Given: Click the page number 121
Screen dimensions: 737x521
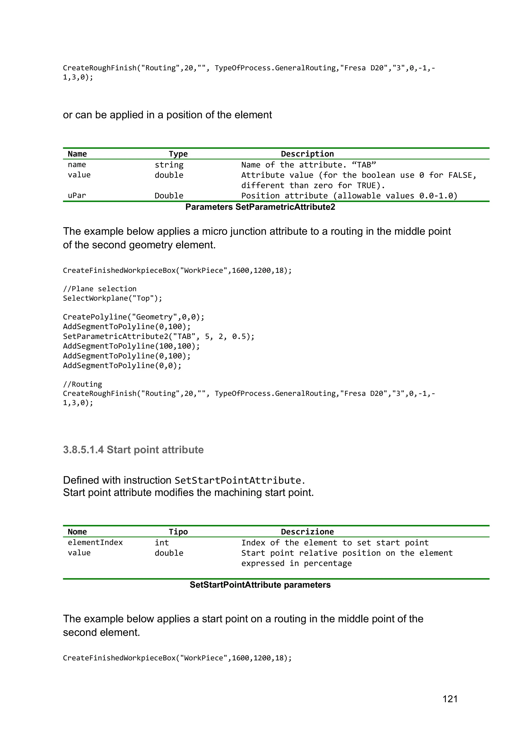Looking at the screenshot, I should [x=450, y=699].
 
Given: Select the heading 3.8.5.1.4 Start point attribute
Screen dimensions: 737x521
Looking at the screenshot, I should [x=133, y=450].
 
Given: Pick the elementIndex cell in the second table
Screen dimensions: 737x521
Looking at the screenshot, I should [x=95, y=543].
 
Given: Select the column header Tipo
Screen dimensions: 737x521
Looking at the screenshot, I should [x=178, y=532].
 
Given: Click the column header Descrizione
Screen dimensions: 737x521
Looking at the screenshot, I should [x=307, y=532].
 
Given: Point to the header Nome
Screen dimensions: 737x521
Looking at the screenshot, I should [x=77, y=532].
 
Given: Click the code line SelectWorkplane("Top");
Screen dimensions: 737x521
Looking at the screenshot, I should [x=112, y=298].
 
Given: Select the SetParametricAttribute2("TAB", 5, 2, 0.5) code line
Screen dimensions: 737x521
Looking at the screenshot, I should [x=158, y=336].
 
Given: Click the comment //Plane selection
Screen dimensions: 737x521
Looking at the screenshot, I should [x=99, y=289].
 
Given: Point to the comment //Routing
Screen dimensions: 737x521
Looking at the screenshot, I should [x=82, y=384].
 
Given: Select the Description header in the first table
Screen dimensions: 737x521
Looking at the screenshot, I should [x=307, y=154].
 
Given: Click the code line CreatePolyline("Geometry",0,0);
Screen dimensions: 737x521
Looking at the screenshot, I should [x=134, y=317].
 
